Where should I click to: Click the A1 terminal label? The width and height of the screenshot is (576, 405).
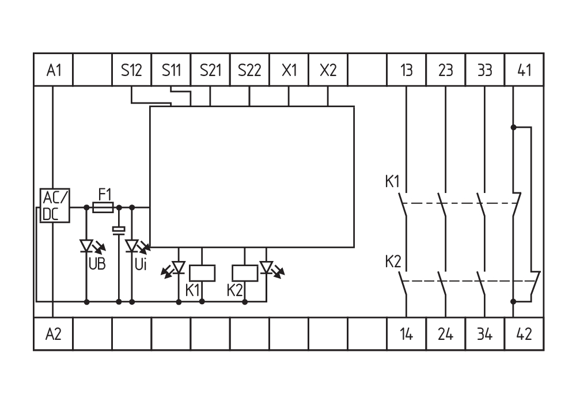[x=54, y=70]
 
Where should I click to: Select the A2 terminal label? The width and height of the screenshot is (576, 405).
[x=54, y=334]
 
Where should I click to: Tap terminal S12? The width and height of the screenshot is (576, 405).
[x=131, y=70]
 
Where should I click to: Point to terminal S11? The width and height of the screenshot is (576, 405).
[x=171, y=70]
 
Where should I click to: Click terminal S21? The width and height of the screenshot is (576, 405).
[x=210, y=70]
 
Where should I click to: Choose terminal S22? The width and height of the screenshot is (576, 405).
[x=249, y=70]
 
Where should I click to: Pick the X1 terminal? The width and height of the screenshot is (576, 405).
[x=289, y=70]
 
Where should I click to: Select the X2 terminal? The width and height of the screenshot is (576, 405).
[x=328, y=70]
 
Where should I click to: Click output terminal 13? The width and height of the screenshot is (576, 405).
[x=407, y=70]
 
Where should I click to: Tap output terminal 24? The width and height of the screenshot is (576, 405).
[x=445, y=334]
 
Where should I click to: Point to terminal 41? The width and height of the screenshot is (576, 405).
[x=524, y=70]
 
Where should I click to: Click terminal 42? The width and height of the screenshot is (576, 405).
[x=524, y=334]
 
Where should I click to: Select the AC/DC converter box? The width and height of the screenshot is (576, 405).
[x=55, y=206]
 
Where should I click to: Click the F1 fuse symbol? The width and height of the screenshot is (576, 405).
[x=103, y=206]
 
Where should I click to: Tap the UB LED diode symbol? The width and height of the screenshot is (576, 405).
[x=86, y=247]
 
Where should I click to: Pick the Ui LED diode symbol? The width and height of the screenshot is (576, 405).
[x=132, y=247]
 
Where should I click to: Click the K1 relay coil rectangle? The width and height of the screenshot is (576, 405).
[x=202, y=272]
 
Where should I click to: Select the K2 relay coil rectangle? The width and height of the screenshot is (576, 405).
[x=245, y=272]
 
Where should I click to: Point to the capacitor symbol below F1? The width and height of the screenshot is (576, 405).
[x=119, y=230]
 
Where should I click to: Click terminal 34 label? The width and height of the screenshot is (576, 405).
[x=484, y=334]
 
